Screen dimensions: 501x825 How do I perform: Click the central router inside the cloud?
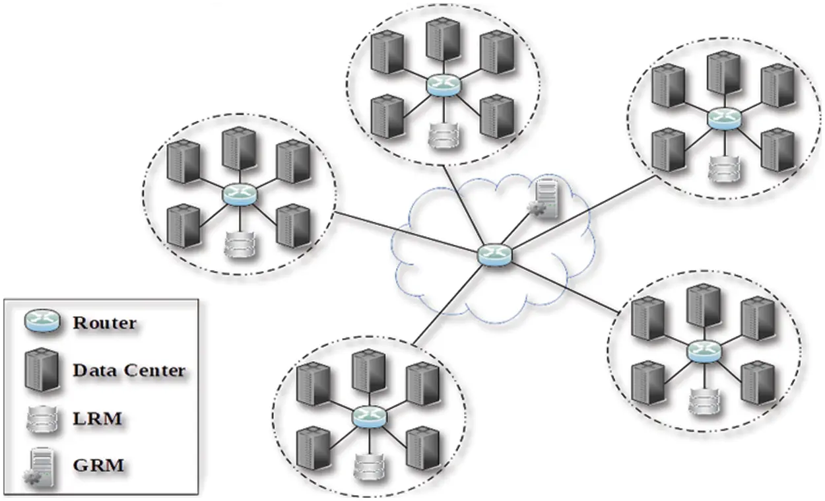495,255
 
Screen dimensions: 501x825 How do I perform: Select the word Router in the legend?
105,323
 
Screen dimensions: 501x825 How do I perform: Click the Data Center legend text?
129,370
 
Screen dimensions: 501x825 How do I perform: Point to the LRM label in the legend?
97,418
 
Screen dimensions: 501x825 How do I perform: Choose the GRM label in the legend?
98,465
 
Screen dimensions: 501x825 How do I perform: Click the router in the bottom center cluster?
368,417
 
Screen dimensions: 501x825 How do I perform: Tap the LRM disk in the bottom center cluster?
368,467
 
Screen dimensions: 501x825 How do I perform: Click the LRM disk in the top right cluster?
721,169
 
